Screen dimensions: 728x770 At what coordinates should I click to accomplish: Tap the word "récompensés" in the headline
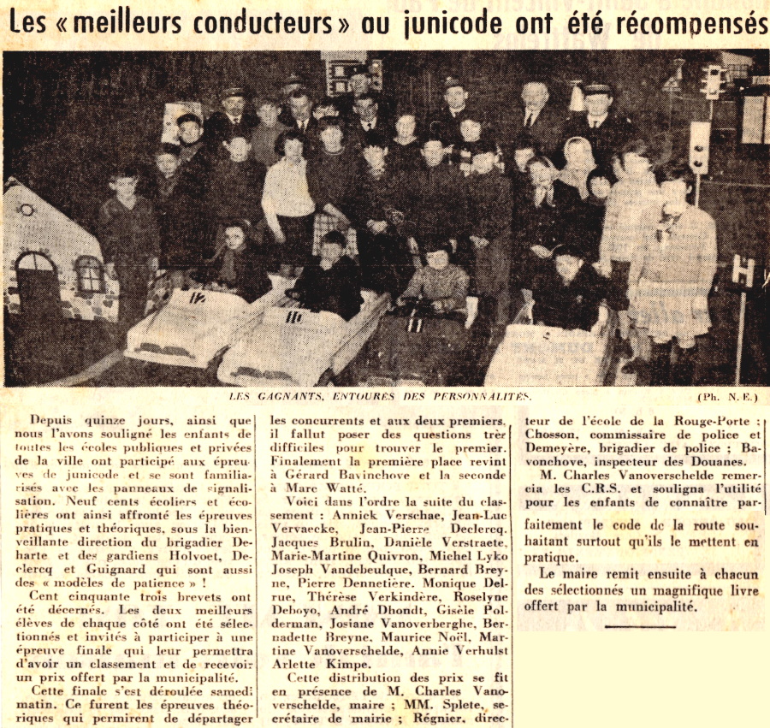[x=698, y=23]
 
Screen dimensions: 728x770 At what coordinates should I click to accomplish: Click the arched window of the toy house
[x=35, y=275]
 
